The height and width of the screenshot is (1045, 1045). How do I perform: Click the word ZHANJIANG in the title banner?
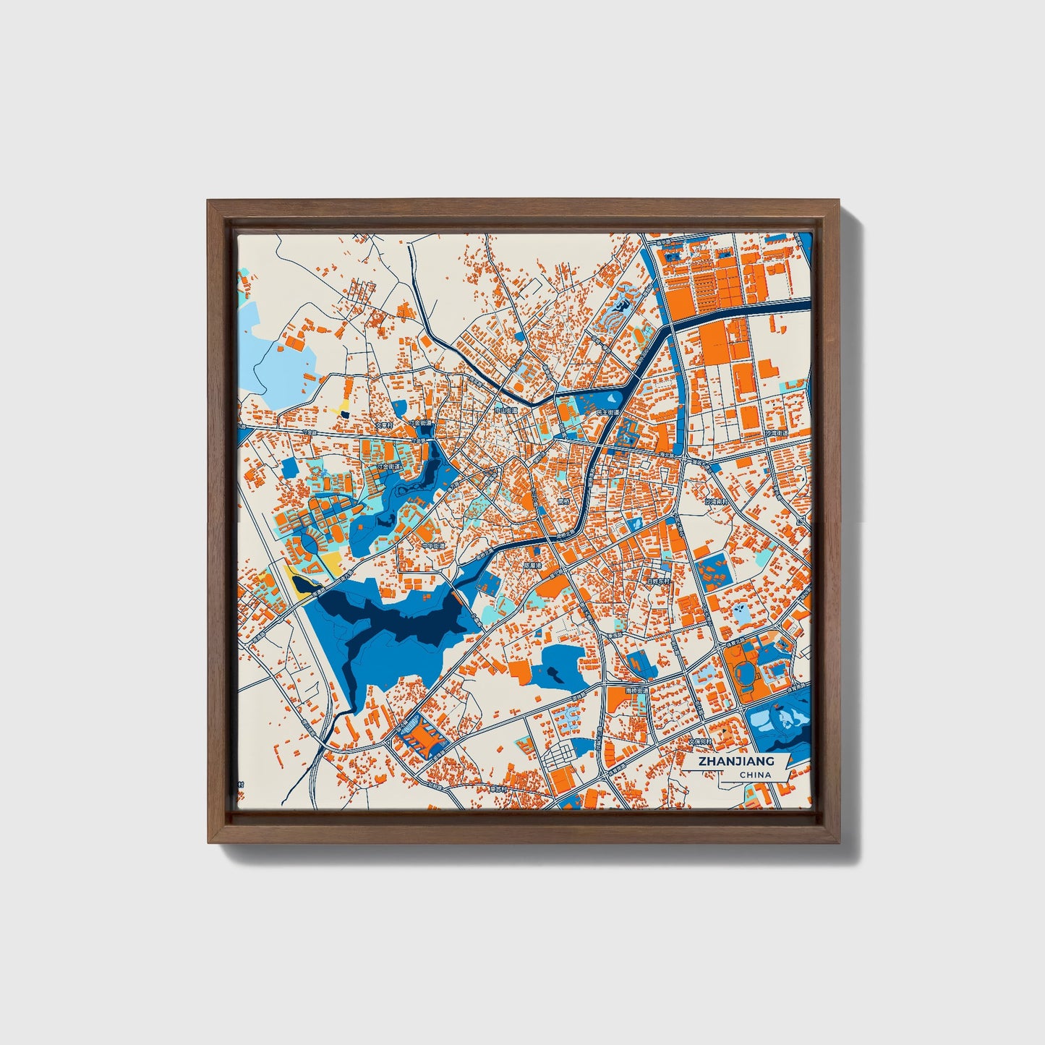(736, 761)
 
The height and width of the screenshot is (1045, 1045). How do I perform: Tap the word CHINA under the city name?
(755, 775)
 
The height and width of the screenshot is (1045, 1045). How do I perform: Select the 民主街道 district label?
(607, 412)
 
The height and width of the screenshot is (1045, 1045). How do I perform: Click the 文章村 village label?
(383, 425)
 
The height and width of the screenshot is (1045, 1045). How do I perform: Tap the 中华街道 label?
(434, 546)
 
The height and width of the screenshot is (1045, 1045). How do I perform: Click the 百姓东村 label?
(659, 580)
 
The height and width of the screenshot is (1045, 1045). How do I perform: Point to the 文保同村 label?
(699, 741)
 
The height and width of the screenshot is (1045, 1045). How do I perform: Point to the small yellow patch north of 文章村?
(341, 405)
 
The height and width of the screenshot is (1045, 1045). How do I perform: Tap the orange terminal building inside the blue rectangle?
(421, 738)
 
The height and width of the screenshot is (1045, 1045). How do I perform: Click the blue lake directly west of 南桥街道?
(561, 663)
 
